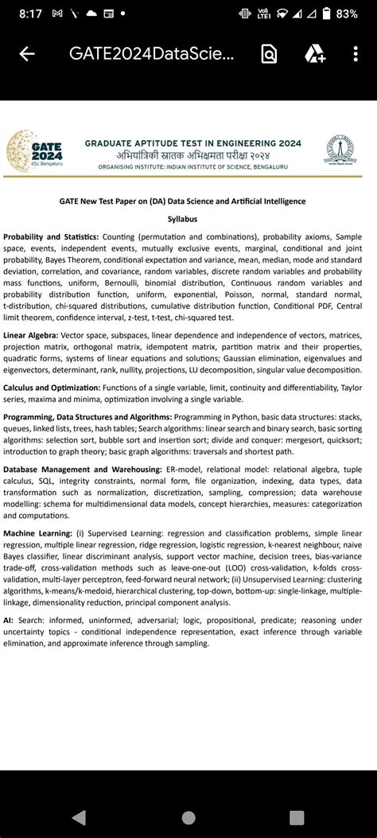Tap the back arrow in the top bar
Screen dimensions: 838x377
coord(27,54)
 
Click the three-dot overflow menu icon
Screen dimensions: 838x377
coord(356,54)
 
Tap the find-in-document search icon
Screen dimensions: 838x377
coord(269,54)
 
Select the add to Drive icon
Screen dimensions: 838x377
coord(314,54)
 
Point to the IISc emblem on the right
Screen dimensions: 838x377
coord(342,150)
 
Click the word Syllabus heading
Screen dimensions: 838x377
coord(182,219)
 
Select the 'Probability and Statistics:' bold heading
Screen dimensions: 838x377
coord(51,237)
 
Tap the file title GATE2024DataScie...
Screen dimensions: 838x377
coord(152,54)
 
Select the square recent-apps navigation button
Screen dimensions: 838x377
coord(296,817)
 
